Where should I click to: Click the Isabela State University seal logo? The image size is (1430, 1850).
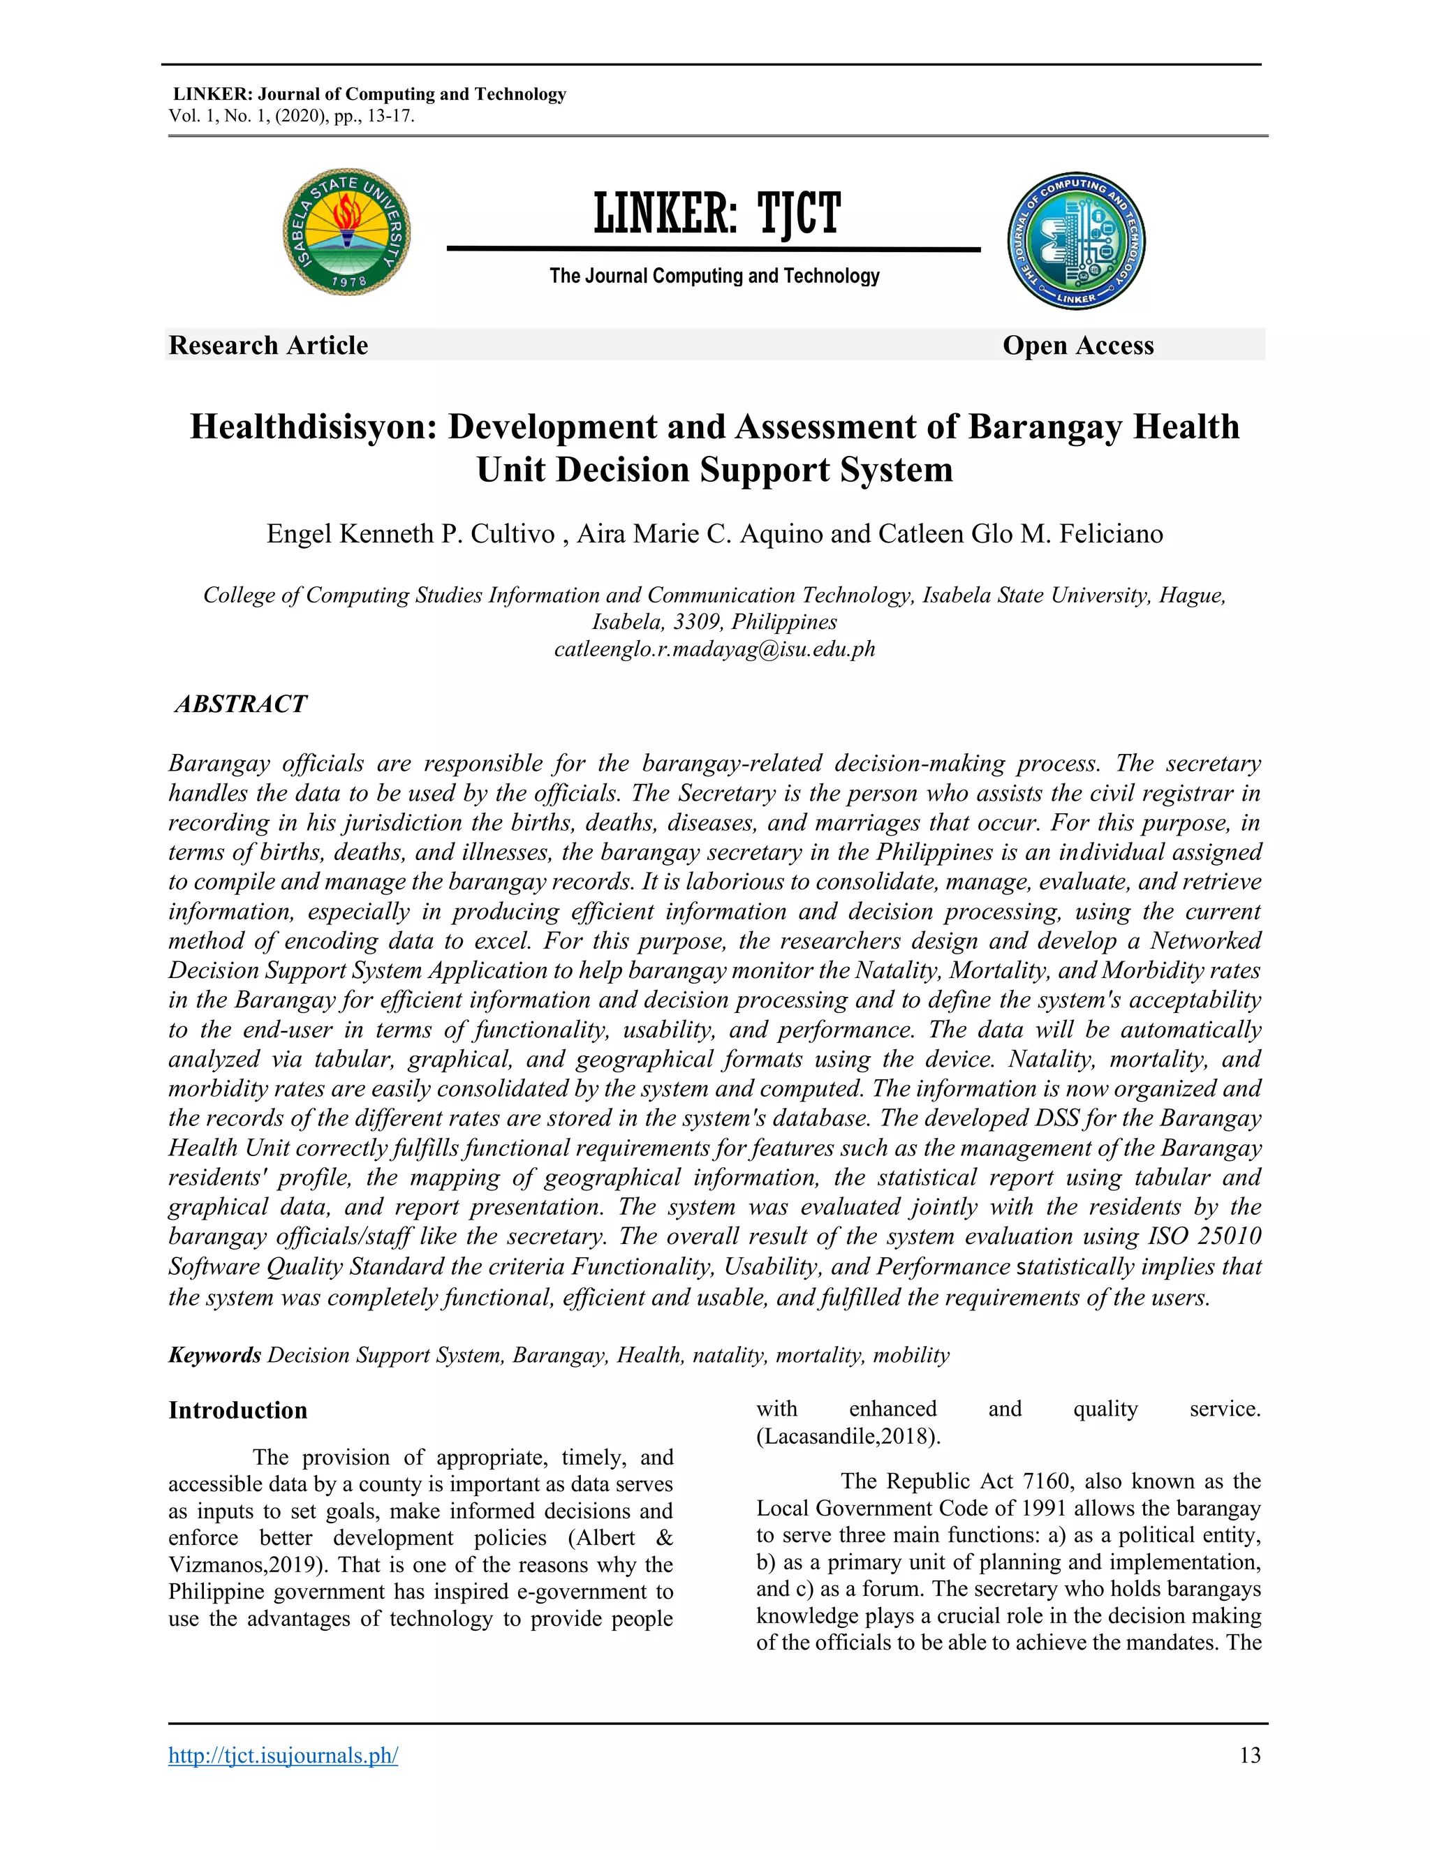(x=346, y=231)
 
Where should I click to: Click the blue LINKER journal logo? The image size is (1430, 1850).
(x=1076, y=242)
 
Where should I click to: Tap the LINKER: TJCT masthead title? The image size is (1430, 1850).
(x=716, y=214)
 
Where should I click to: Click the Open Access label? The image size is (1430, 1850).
(x=1077, y=346)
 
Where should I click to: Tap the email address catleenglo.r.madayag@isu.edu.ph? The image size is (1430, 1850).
(x=714, y=650)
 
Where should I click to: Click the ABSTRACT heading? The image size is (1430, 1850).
(x=241, y=704)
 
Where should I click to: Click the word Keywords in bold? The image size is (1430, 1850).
(x=214, y=1355)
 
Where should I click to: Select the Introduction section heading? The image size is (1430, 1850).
(x=237, y=1410)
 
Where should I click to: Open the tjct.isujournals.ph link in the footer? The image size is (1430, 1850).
(x=283, y=1755)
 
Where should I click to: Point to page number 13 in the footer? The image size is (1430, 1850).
(x=1250, y=1755)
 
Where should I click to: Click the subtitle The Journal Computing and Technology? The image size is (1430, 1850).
(x=714, y=276)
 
